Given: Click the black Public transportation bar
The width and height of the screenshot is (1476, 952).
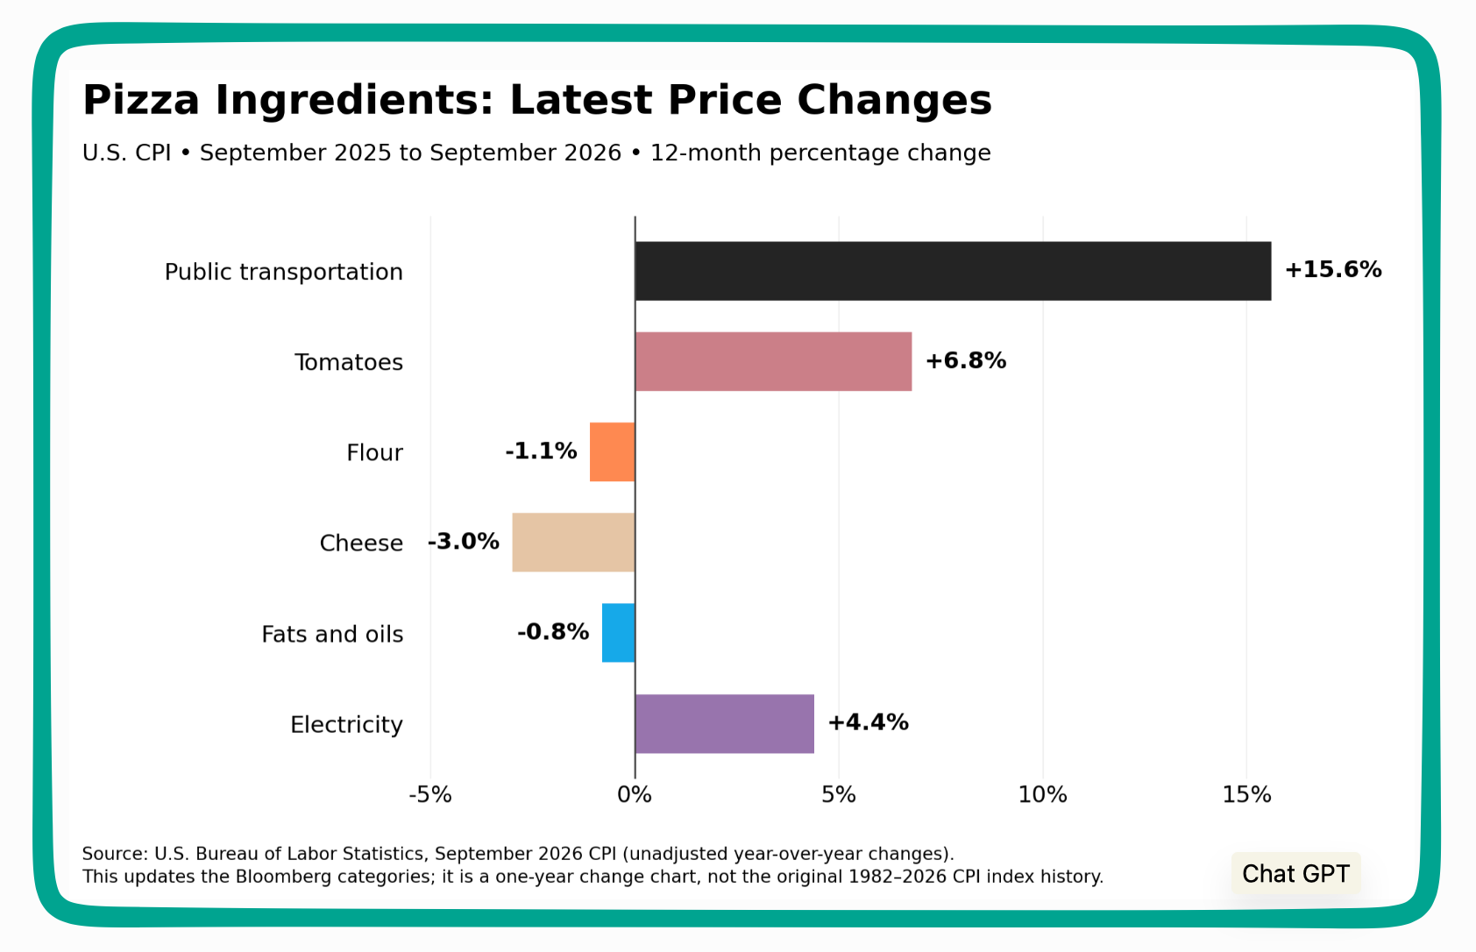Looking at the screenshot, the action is coord(953,271).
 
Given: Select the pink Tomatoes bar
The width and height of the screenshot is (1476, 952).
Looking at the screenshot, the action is coord(774,362).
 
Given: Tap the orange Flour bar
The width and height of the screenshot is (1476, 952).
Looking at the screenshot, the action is coord(612,452).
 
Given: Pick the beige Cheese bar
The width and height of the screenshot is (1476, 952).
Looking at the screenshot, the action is coord(573,543).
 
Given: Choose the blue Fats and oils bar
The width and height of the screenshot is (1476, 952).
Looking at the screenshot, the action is coord(618,632).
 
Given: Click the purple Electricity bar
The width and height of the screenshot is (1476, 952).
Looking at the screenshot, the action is coord(724,723).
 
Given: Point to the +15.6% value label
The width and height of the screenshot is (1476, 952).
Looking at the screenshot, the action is coord(1333,269).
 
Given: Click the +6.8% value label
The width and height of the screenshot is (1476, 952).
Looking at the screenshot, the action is coord(965,360).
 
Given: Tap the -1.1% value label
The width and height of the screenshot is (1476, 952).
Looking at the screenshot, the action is coord(541,451).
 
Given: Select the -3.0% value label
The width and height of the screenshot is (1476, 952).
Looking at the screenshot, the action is coord(464,542).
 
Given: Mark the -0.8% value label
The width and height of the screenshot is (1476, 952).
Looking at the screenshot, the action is coord(553,632).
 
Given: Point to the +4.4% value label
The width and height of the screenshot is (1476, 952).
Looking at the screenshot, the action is coord(868,722).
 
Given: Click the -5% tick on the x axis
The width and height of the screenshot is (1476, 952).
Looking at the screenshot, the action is coord(430,795).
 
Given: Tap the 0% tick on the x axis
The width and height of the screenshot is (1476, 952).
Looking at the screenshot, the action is coord(635,795).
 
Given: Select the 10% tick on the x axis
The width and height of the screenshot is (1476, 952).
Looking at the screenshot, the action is coord(1042,795).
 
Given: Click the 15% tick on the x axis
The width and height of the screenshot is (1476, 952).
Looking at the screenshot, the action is coord(1246,795).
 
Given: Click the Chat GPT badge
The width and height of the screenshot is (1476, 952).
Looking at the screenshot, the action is coord(1295,874).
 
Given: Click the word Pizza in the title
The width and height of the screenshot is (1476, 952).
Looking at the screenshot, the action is coord(141,100).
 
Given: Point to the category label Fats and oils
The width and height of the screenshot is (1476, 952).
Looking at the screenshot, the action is coord(332,634).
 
